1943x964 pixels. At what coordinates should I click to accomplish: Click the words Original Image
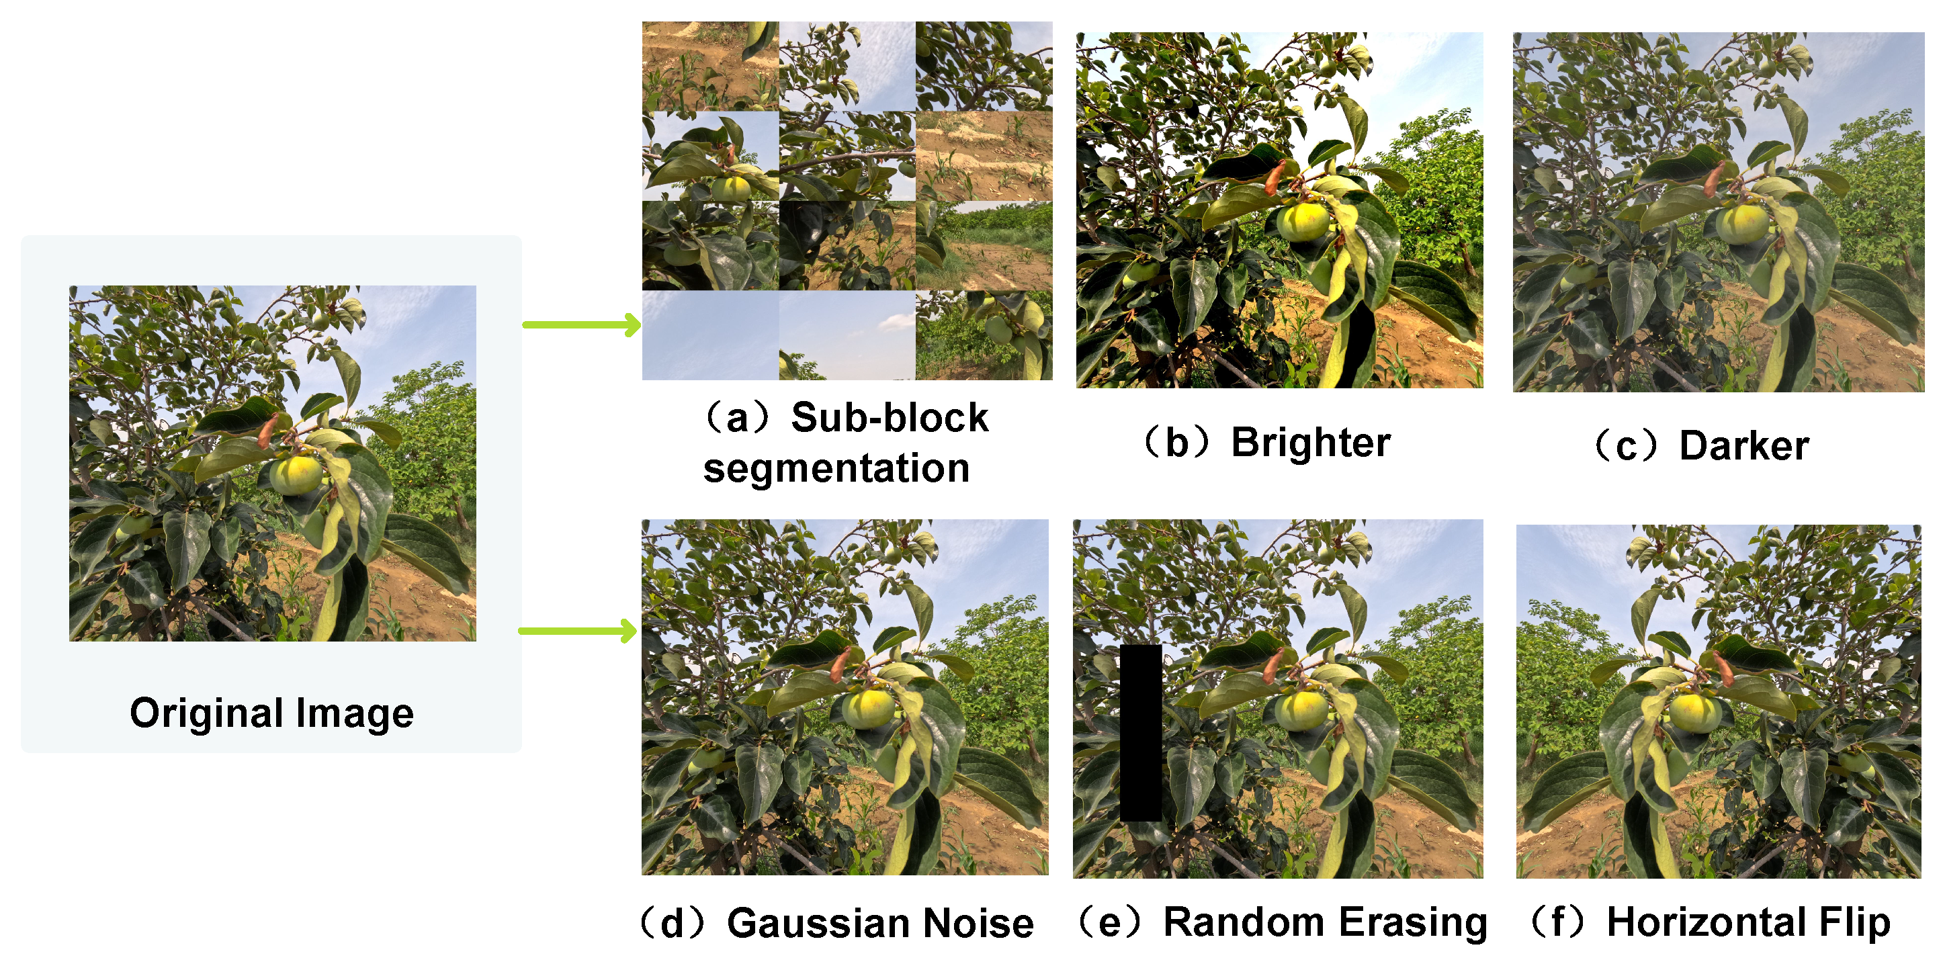click(x=271, y=713)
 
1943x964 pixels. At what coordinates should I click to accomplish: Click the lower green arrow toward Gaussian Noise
click(x=578, y=631)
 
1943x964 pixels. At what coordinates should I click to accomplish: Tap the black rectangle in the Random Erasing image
click(x=1140, y=732)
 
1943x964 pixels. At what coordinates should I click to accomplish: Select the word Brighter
click(x=1311, y=442)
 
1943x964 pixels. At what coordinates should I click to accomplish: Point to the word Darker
click(x=1744, y=446)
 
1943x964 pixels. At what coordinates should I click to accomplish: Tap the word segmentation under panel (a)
click(x=836, y=468)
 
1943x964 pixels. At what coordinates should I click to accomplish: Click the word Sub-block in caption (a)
click(x=890, y=418)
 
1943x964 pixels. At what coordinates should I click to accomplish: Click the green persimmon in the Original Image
click(x=295, y=475)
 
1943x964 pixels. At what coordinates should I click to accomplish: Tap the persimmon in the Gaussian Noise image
click(x=867, y=708)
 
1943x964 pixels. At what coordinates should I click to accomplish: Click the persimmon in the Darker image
click(x=1741, y=224)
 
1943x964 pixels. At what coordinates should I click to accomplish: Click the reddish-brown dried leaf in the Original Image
click(x=268, y=431)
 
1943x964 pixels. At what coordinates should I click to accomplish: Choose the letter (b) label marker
click(x=1176, y=442)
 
